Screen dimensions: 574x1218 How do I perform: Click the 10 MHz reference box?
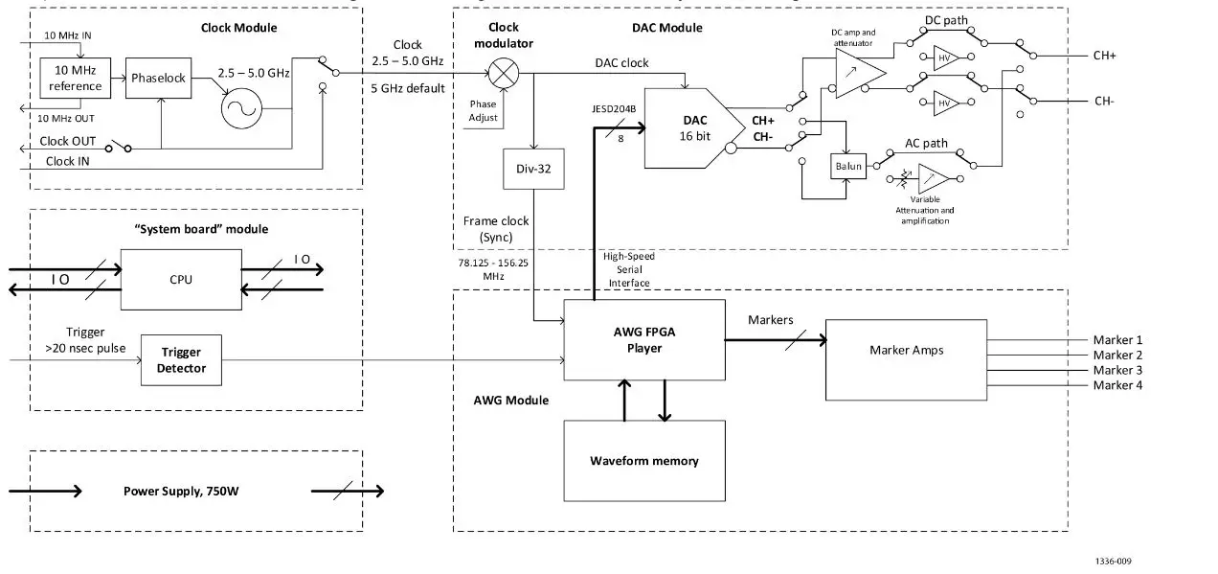point(76,78)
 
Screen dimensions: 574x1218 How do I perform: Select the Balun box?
point(848,166)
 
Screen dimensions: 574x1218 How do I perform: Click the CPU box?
point(182,279)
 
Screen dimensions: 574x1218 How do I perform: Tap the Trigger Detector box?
point(181,360)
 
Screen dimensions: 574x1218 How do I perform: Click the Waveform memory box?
point(643,461)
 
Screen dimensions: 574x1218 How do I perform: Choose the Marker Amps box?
point(906,351)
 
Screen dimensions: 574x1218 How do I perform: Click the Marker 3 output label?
point(1117,371)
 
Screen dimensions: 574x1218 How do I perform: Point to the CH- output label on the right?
point(1104,102)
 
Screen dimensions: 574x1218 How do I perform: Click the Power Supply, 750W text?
point(182,492)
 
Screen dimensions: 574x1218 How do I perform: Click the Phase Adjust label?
point(484,111)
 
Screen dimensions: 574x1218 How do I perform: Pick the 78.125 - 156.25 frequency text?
point(494,261)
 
